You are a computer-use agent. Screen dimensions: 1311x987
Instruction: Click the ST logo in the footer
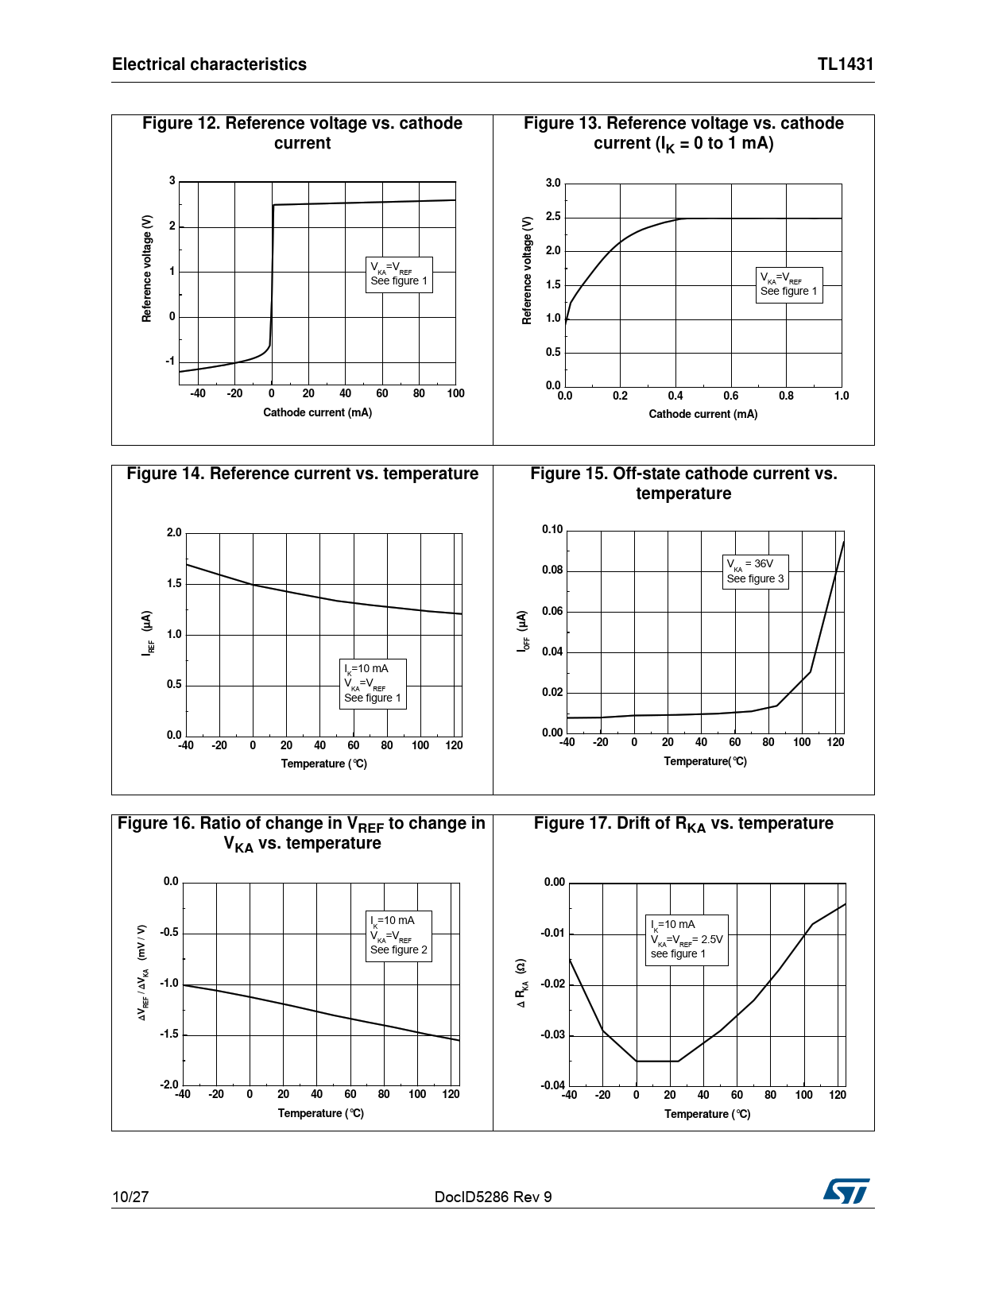tap(846, 1191)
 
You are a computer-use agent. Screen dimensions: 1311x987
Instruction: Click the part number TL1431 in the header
tap(846, 64)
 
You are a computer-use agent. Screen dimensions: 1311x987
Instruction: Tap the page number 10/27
tap(130, 1197)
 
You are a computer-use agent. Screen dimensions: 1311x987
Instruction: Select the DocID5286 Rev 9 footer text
tap(493, 1197)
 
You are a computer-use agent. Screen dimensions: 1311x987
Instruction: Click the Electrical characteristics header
tap(209, 64)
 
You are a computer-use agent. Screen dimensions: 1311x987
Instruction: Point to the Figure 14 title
tap(302, 474)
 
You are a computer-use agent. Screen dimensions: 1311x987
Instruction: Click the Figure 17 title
tap(683, 824)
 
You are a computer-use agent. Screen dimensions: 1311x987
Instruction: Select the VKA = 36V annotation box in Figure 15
tap(755, 571)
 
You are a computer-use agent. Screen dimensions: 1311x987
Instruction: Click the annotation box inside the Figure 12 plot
tap(399, 275)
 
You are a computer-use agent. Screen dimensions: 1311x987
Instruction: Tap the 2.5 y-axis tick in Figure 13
tap(553, 217)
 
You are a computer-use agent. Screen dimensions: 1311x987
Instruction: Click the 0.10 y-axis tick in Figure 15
tap(552, 530)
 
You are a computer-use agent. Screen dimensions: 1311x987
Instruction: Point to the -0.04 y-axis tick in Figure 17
tap(553, 1085)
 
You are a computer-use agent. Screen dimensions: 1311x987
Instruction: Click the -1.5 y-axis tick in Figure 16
tap(169, 1034)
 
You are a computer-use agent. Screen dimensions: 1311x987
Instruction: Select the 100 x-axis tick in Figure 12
tap(455, 393)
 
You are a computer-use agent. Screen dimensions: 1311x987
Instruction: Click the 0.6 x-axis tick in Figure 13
tap(730, 396)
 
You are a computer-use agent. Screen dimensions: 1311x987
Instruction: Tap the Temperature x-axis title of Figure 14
tap(323, 764)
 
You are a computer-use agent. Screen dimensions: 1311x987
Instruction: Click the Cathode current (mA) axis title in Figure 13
tap(703, 414)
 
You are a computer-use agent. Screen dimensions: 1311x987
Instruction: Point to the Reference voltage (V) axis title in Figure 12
tap(147, 269)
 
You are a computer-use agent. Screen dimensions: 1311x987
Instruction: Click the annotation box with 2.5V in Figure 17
tap(687, 939)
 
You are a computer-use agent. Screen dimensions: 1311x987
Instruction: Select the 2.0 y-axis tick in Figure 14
tap(174, 533)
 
